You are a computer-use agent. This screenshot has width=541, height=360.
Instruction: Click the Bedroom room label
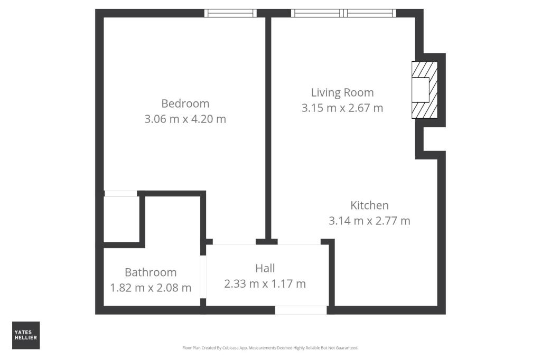click(x=185, y=103)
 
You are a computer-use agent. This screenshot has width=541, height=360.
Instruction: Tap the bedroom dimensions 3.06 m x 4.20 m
click(x=185, y=119)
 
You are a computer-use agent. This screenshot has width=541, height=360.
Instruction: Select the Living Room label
click(x=342, y=92)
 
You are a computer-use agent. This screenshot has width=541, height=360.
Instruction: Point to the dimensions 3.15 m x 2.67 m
click(x=342, y=108)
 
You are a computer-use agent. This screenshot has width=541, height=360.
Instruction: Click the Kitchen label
click(x=369, y=205)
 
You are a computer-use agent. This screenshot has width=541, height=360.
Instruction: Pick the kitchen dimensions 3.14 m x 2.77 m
click(x=369, y=221)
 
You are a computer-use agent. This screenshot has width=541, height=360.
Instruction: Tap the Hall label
click(x=265, y=268)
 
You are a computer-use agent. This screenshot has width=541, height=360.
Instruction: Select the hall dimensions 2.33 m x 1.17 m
click(x=265, y=284)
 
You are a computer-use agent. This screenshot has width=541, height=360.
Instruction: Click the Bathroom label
click(x=151, y=272)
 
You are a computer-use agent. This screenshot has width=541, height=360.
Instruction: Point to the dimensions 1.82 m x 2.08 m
click(x=151, y=288)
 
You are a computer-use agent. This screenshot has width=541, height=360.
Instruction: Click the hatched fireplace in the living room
click(x=425, y=90)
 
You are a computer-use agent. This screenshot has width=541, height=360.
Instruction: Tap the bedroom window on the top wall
click(x=230, y=13)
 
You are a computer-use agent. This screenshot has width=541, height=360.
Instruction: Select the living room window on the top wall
click(x=343, y=13)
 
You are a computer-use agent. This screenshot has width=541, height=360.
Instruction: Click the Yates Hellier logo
click(x=26, y=335)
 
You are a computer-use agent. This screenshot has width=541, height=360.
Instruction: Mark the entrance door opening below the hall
click(x=301, y=310)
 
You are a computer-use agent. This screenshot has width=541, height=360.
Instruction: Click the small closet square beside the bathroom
click(x=121, y=219)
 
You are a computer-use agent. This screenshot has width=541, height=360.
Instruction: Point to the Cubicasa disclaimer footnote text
click(x=270, y=348)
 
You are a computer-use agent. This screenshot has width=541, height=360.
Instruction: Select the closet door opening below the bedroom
click(x=121, y=194)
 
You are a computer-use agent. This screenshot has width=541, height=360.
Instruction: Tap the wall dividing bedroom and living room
click(x=268, y=127)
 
